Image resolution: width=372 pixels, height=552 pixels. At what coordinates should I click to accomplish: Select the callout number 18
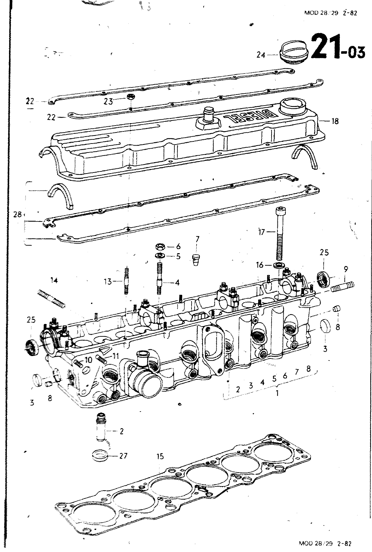[335, 121]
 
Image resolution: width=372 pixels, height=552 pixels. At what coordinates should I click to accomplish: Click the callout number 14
[54, 280]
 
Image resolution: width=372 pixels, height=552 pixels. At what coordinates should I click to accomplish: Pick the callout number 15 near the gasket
[160, 456]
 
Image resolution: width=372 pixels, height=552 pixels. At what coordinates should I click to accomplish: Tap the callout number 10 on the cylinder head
[88, 359]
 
